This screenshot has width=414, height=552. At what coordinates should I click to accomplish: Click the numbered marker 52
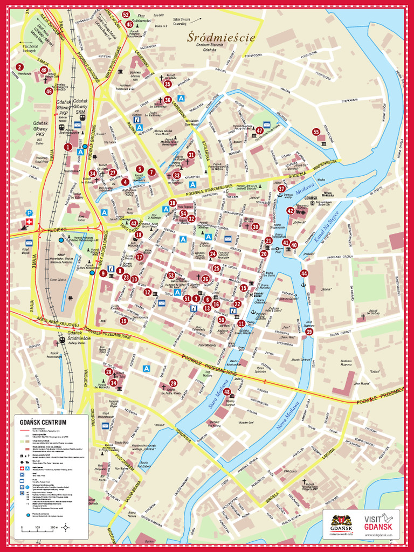click(126, 15)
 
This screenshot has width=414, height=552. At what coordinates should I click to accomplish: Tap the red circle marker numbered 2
click(19, 67)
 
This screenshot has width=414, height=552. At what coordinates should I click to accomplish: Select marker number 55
click(316, 132)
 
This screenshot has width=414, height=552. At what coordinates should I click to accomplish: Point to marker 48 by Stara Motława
click(227, 392)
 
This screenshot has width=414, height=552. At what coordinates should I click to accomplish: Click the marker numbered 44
click(304, 273)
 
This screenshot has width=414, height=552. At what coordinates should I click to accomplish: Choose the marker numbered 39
click(309, 332)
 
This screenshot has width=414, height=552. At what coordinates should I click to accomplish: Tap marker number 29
click(173, 383)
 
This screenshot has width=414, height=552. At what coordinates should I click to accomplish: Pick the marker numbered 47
click(259, 130)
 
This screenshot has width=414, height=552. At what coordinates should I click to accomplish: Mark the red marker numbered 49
click(44, 70)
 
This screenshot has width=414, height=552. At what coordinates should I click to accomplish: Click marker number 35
click(168, 84)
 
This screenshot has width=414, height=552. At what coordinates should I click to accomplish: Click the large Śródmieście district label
click(221, 38)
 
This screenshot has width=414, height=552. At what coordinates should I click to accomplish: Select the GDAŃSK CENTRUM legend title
click(43, 422)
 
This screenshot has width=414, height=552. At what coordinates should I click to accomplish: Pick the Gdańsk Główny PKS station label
click(40, 132)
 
